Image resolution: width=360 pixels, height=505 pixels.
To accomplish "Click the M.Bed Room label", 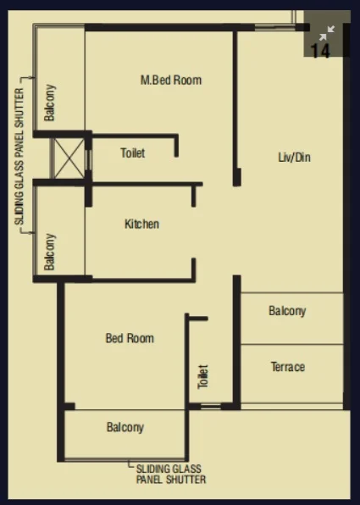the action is pyautogui.click(x=171, y=80).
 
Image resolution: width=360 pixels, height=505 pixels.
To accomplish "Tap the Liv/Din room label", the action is pyautogui.click(x=294, y=157).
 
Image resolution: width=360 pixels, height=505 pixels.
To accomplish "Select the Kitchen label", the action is pyautogui.click(x=141, y=224).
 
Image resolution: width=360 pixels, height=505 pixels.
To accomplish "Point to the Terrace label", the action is pyautogui.click(x=288, y=367).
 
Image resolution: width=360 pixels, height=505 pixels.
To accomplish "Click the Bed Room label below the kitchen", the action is pyautogui.click(x=130, y=338).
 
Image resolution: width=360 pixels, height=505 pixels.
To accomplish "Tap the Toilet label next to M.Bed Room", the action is pyautogui.click(x=133, y=153).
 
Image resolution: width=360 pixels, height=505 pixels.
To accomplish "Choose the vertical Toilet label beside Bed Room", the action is pyautogui.click(x=203, y=376).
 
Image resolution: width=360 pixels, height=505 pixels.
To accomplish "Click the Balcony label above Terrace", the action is pyautogui.click(x=287, y=311).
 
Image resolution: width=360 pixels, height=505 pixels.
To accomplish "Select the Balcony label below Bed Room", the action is pyautogui.click(x=125, y=427).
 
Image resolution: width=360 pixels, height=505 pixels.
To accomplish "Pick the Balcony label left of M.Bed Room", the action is pyautogui.click(x=50, y=103).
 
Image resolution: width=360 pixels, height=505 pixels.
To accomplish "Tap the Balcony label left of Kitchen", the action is pyautogui.click(x=50, y=252).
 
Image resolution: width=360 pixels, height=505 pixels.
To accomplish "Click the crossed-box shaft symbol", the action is pyautogui.click(x=68, y=158).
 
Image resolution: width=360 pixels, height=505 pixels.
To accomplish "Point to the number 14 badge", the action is pyautogui.click(x=321, y=51).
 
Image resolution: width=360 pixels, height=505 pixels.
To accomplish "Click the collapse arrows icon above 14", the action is pyautogui.click(x=327, y=33).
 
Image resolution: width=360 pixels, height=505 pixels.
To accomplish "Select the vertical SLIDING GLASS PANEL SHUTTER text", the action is pyautogui.click(x=19, y=157).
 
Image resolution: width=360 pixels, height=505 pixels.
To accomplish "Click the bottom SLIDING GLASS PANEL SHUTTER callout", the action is pyautogui.click(x=171, y=474).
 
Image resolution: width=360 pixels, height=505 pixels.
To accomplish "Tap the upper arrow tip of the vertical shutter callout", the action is pyautogui.click(x=33, y=77).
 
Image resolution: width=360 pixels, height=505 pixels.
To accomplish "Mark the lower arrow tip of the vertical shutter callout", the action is pyautogui.click(x=33, y=232).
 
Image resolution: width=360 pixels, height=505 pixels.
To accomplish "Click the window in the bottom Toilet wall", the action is pyautogui.click(x=211, y=406).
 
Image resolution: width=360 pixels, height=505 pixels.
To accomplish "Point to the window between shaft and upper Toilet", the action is pyautogui.click(x=89, y=160).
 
